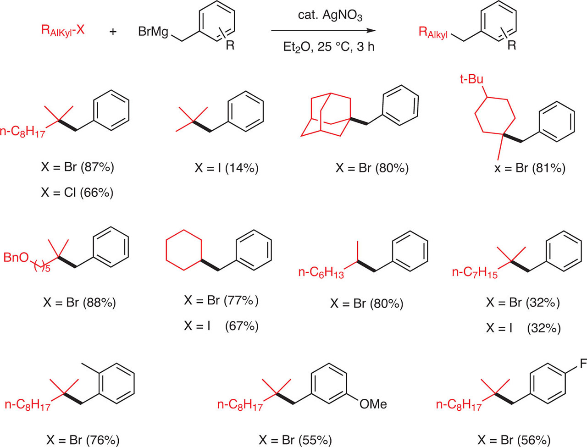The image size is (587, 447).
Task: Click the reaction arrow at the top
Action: (323, 31)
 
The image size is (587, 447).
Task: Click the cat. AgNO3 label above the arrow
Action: (323, 17)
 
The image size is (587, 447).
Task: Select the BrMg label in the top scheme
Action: (154, 32)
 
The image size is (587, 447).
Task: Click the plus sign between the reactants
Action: (113, 32)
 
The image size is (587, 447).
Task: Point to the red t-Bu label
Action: (472, 79)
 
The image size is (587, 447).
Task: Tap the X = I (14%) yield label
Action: (227, 168)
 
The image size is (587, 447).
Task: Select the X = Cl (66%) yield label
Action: (77, 192)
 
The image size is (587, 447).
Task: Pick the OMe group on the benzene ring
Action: (373, 404)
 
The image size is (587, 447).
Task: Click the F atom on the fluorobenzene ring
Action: (583, 364)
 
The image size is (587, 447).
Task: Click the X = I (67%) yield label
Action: (222, 326)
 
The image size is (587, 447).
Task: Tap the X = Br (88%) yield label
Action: (79, 302)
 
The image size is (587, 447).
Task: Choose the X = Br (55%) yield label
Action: (295, 440)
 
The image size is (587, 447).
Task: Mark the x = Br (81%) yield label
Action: (530, 168)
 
